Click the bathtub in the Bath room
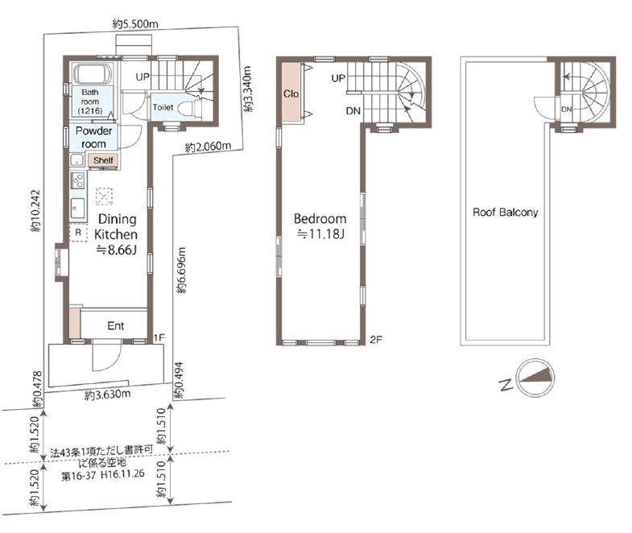coord(93,73)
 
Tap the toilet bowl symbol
coord(187,108)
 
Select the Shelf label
coord(103,160)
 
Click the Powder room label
coord(93,137)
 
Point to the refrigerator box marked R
coord(78,233)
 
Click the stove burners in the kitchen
coord(77,180)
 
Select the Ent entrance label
coord(116,326)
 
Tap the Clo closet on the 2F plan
coord(291,93)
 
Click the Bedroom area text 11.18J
coord(320,233)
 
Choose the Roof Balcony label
coord(505,212)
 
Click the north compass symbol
coord(536,378)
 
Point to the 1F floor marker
coord(159,337)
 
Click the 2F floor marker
coord(375,340)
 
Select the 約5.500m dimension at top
coord(135,24)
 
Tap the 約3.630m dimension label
coord(108,395)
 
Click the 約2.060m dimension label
coord(208,147)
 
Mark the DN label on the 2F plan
coord(353,110)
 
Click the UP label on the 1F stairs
coord(143,76)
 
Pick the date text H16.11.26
coord(122,474)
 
